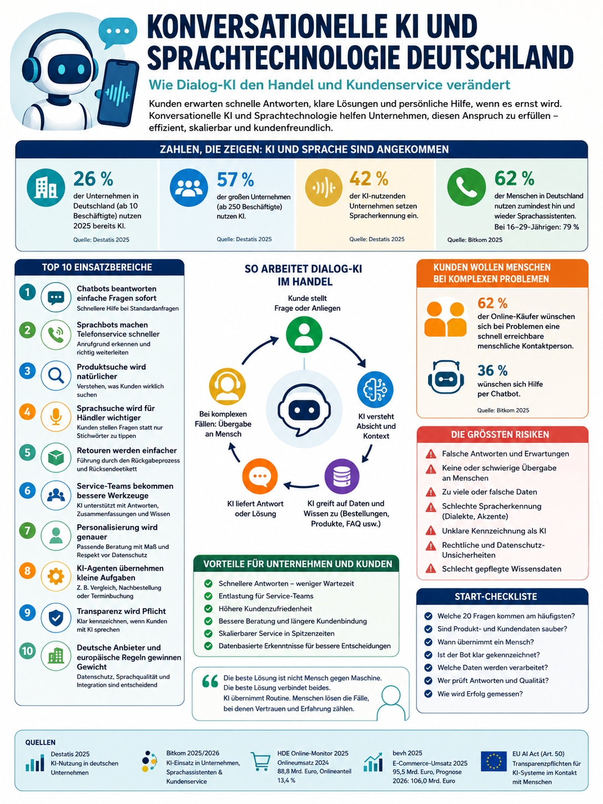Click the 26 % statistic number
click(x=93, y=179)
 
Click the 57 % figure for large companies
click(x=235, y=179)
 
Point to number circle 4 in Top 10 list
click(x=27, y=412)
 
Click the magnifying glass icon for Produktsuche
click(x=56, y=375)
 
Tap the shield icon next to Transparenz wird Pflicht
click(x=56, y=618)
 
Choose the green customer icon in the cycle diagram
click(x=304, y=335)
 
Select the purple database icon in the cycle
click(x=342, y=476)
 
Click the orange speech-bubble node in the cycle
click(x=260, y=476)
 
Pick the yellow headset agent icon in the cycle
click(x=227, y=386)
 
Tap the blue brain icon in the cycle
click(x=375, y=389)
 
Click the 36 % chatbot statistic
click(x=492, y=370)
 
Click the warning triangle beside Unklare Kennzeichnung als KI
click(x=431, y=530)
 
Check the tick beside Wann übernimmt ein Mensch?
click(x=428, y=642)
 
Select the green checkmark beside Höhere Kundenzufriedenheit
click(x=208, y=609)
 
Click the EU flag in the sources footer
click(x=494, y=762)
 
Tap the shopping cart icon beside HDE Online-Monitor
click(x=260, y=761)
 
